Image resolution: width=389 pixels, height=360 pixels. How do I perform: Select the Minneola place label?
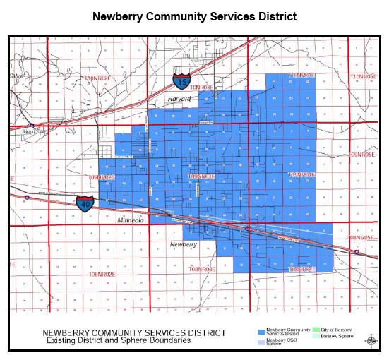pyautogui.click(x=131, y=220)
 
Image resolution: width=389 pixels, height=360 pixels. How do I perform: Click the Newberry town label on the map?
pyautogui.click(x=184, y=244)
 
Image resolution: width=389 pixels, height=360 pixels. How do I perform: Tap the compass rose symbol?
pyautogui.click(x=371, y=340)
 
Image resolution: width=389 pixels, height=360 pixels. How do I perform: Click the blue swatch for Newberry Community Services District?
pyautogui.click(x=262, y=331)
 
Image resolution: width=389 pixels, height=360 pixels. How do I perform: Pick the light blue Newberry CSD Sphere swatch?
pyautogui.click(x=262, y=340)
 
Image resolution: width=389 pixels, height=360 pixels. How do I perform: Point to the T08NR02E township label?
pyautogui.click(x=102, y=272)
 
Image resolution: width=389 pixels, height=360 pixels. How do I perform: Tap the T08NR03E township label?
pyautogui.click(x=202, y=270)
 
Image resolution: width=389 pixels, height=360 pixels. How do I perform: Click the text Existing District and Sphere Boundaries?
pyautogui.click(x=116, y=341)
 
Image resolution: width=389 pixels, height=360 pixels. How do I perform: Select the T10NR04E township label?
pyautogui.click(x=301, y=74)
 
